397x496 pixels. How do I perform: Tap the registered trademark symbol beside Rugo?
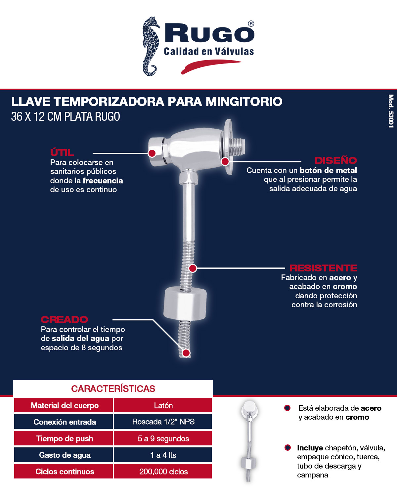(x=251, y=24)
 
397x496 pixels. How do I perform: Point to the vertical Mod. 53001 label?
(x=391, y=111)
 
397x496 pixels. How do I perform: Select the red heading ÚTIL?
(x=62, y=152)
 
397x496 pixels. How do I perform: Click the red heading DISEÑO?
(x=335, y=161)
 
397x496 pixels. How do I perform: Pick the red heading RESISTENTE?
(x=323, y=268)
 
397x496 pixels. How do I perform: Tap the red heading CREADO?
(x=65, y=319)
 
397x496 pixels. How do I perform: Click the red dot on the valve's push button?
(x=152, y=153)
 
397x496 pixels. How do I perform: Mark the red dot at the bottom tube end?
(x=186, y=353)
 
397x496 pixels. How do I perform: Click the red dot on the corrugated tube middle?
(x=193, y=268)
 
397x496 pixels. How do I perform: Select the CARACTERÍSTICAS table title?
(x=113, y=389)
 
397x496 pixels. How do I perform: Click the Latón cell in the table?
(x=163, y=405)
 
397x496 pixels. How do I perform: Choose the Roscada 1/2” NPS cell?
(x=163, y=422)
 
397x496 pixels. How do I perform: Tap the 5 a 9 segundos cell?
(x=163, y=438)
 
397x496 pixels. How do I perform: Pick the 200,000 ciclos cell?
(x=163, y=472)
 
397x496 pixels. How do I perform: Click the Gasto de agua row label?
(x=65, y=455)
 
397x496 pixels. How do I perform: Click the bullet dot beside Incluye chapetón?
(x=287, y=448)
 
